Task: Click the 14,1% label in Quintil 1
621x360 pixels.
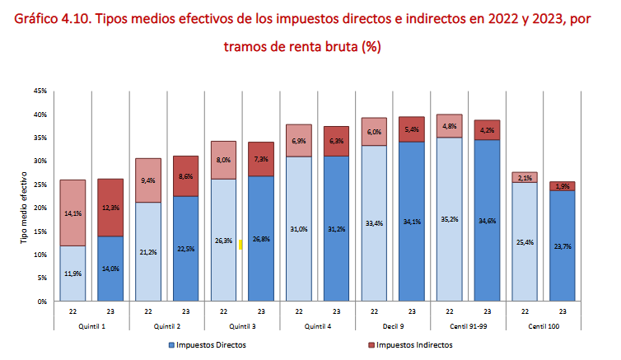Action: pyautogui.click(x=72, y=214)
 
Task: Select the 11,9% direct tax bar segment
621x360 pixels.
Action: pyautogui.click(x=72, y=274)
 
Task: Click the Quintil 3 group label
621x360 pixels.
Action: pyautogui.click(x=242, y=325)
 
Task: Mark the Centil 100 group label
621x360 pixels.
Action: pyautogui.click(x=543, y=325)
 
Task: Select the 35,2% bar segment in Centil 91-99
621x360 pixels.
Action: pyautogui.click(x=449, y=220)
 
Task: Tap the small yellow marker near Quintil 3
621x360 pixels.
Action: pyautogui.click(x=240, y=245)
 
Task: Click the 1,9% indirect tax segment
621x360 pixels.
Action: pyautogui.click(x=562, y=186)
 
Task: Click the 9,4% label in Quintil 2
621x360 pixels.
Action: pyautogui.click(x=148, y=180)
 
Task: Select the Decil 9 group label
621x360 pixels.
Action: pyautogui.click(x=392, y=325)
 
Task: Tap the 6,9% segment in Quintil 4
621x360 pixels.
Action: pyautogui.click(x=298, y=142)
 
